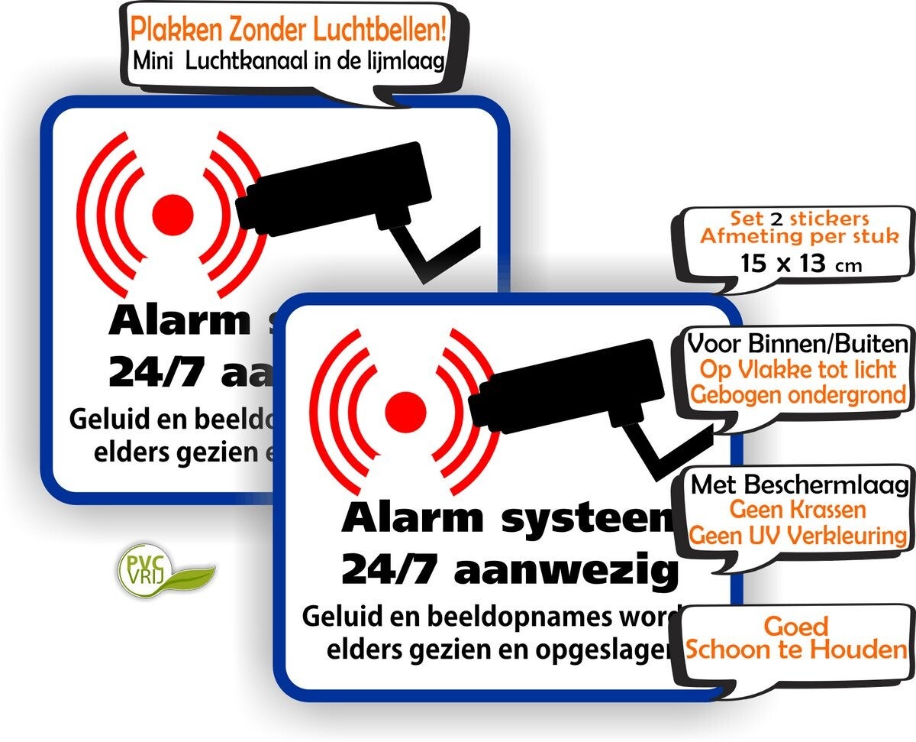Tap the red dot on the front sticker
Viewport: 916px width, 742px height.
point(405,411)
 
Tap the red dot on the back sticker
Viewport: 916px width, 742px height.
point(173,211)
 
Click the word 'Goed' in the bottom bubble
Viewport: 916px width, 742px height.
point(795,627)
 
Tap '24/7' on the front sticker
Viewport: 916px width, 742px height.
point(384,569)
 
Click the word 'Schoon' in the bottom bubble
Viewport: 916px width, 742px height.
point(733,650)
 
